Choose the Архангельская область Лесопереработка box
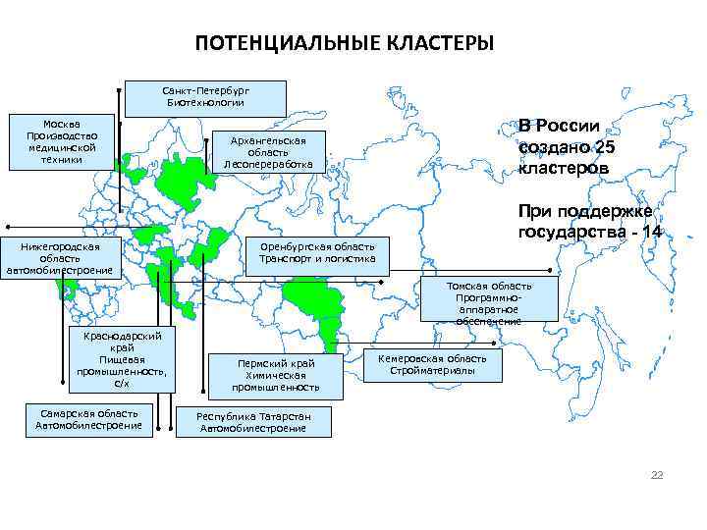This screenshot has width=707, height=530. click(x=267, y=151)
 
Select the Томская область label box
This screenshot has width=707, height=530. click(x=489, y=298)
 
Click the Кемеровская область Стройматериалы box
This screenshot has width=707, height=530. click(x=432, y=365)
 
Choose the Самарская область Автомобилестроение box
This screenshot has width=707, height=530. click(x=89, y=419)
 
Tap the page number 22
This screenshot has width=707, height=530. click(x=657, y=475)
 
